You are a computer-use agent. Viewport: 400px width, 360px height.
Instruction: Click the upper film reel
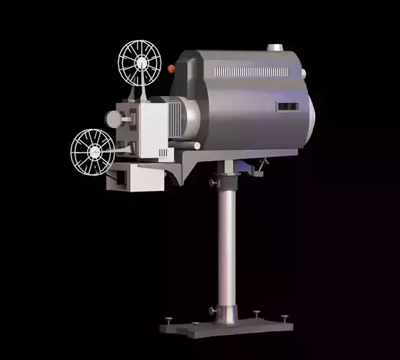click(x=140, y=60)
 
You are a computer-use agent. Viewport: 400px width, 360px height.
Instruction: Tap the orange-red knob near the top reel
click(x=171, y=68)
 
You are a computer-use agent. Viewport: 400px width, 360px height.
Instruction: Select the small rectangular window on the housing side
click(x=287, y=107)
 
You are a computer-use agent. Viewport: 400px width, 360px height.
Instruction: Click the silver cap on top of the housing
click(x=275, y=48)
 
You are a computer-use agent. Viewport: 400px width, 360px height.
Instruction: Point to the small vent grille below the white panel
click(x=163, y=153)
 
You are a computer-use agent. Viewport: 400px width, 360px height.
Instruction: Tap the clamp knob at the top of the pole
click(x=214, y=182)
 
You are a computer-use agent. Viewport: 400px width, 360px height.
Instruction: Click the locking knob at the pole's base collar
click(x=213, y=310)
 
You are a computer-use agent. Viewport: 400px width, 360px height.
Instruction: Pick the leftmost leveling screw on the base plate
click(x=169, y=320)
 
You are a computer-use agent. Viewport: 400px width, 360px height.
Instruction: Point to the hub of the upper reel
click(x=140, y=60)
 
